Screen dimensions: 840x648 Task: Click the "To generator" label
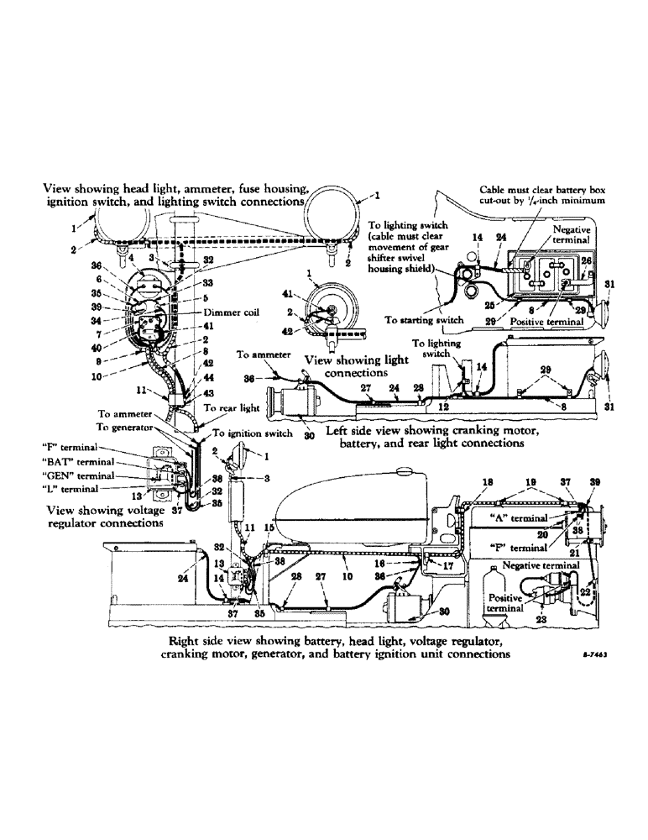(127, 427)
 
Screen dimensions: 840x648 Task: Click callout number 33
(208, 283)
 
